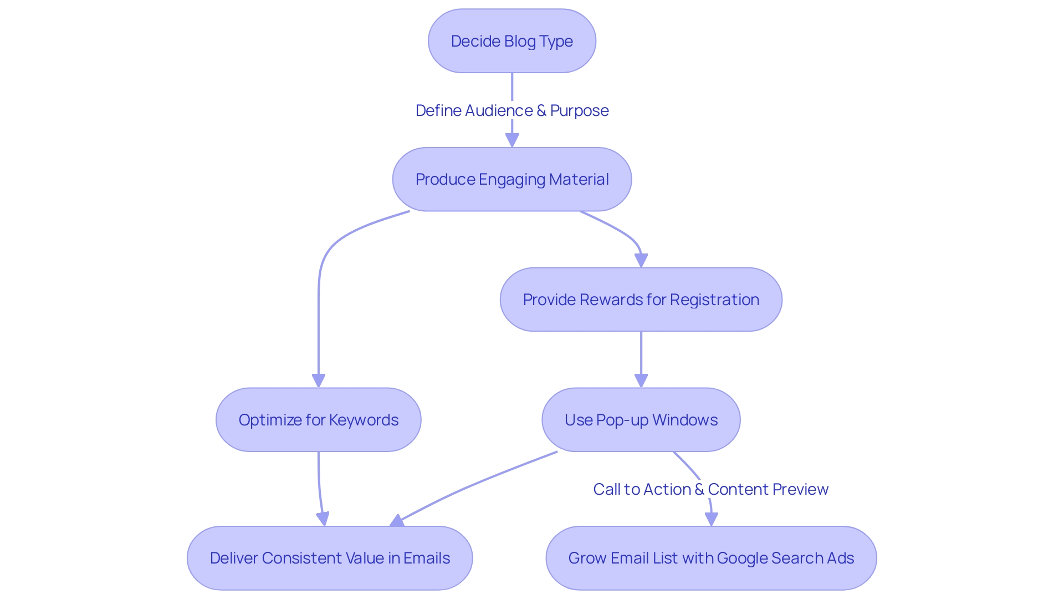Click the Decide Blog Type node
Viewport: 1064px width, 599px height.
[511, 41]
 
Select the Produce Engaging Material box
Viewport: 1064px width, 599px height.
[511, 179]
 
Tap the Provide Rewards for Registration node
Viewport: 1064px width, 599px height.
[641, 299]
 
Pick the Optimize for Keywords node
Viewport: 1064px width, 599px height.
[318, 420]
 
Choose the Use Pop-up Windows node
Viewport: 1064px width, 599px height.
[641, 420]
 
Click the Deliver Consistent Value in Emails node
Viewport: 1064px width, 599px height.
[330, 558]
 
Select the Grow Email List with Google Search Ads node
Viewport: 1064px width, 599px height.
[711, 558]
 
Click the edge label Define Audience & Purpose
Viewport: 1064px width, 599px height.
[511, 110]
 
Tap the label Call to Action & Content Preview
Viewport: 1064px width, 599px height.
[710, 489]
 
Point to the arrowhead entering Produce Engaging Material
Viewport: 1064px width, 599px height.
[512, 140]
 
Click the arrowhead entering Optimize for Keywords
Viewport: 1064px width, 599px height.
[318, 380]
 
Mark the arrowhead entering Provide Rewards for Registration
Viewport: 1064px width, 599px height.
[641, 261]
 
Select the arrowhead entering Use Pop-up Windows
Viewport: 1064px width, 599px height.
[641, 380]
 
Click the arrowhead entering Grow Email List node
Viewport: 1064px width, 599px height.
[712, 519]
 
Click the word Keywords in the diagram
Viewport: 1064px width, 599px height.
[371, 420]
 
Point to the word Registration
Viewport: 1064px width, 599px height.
[714, 299]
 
